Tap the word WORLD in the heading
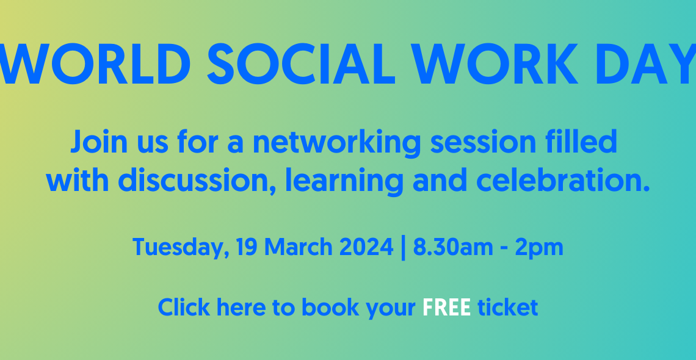pos(95,64)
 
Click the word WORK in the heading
pos(495,64)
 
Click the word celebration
pos(559,180)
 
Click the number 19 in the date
pos(247,247)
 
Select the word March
pos(299,247)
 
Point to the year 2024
pos(366,247)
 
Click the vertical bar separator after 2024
pos(403,248)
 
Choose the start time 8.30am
pos(453,247)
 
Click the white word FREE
pos(446,308)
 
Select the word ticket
pos(508,308)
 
